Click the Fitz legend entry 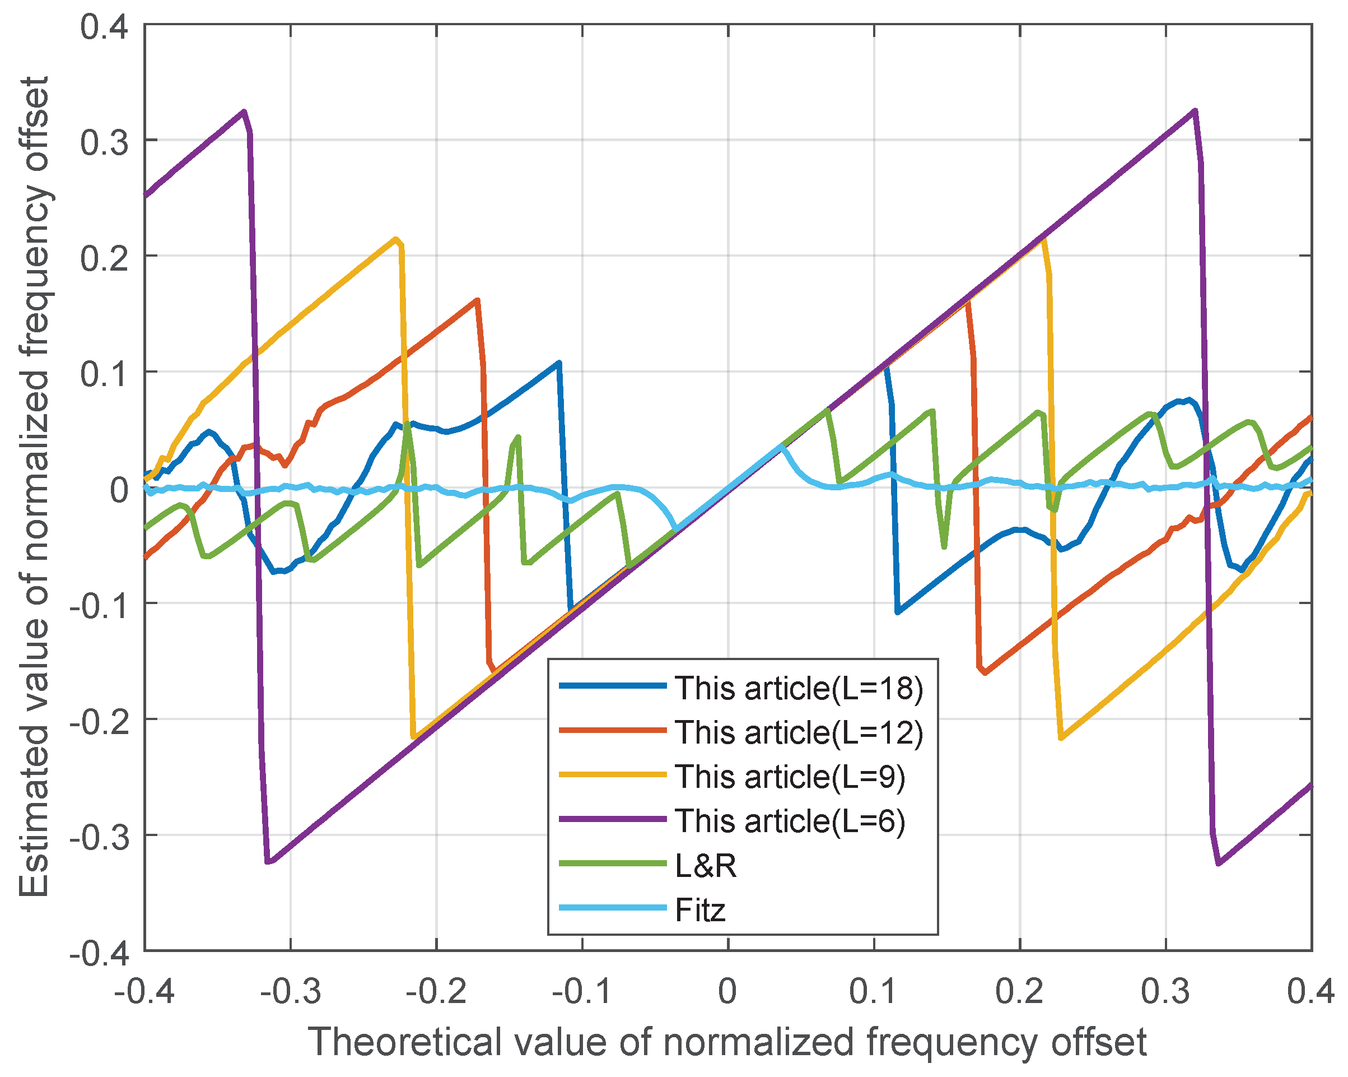pyautogui.click(x=699, y=910)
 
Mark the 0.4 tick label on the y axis pyautogui.click(x=104, y=27)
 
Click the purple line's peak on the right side pyautogui.click(x=1195, y=111)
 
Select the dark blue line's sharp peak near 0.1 pyautogui.click(x=558, y=363)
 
